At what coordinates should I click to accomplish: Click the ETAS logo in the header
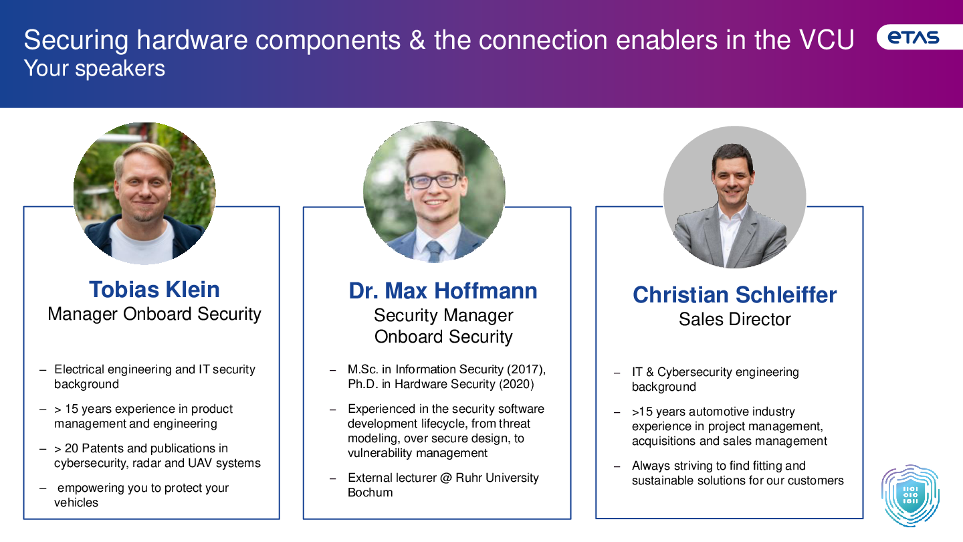[913, 37]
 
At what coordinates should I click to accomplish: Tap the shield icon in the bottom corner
[910, 496]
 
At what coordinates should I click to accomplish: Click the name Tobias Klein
[154, 289]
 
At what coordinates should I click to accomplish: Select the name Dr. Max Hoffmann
[443, 291]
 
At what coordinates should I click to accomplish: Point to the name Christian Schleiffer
[735, 295]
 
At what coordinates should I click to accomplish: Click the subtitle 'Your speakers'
[94, 68]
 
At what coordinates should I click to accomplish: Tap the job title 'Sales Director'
[735, 319]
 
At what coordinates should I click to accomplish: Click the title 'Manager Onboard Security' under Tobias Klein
[154, 314]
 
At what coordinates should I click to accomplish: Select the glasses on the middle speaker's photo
[434, 181]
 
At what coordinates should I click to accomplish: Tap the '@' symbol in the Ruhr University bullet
[446, 478]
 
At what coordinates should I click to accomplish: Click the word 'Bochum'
[370, 492]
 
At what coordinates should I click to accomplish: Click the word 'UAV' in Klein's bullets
[201, 463]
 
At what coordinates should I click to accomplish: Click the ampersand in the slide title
[417, 40]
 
